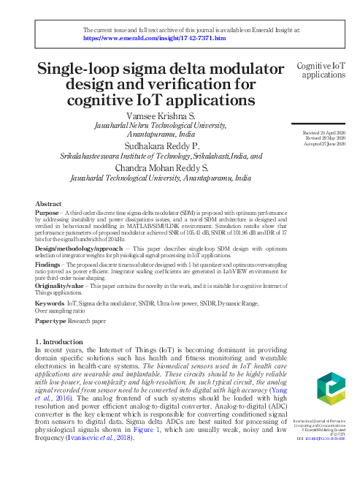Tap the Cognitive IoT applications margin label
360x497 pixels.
321,70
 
